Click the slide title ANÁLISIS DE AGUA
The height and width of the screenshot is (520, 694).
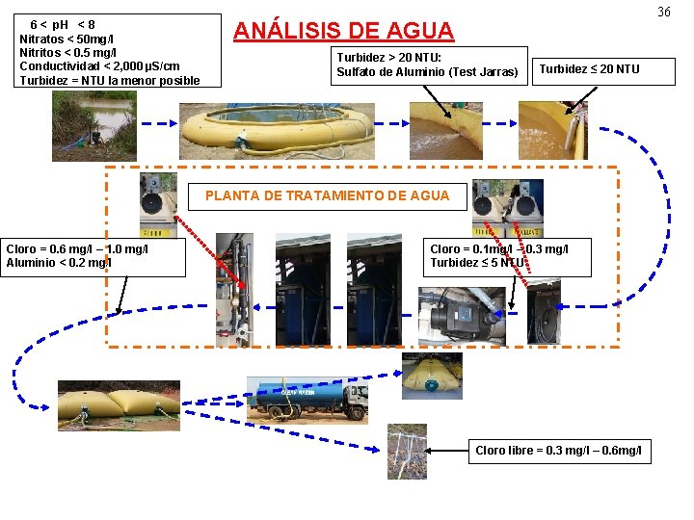[x=343, y=30]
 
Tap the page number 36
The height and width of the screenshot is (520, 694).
[x=664, y=13]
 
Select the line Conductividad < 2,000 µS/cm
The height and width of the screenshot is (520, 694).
[x=99, y=65]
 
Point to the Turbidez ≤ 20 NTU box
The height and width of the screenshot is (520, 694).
[x=589, y=68]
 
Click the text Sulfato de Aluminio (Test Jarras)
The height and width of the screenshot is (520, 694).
[x=427, y=72]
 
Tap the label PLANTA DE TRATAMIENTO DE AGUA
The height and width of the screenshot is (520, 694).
[x=327, y=195]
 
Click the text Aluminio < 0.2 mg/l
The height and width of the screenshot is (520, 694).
[x=59, y=262]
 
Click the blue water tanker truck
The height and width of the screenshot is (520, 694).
[x=307, y=398]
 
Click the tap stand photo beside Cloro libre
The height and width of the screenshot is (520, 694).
[x=406, y=451]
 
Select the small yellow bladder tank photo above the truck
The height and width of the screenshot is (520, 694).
[x=431, y=375]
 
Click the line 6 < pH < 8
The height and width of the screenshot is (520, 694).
[x=63, y=23]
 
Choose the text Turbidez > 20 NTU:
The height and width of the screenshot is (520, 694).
[x=388, y=58]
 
